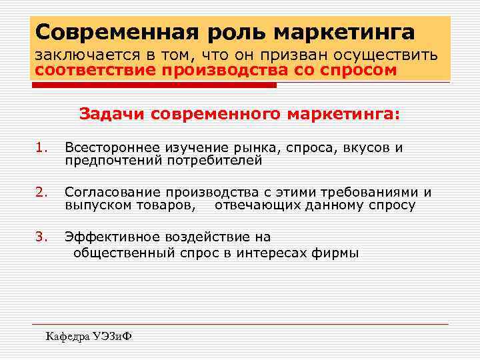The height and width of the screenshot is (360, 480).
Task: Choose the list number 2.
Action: pos(42,193)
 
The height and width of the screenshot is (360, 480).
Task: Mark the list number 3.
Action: pos(42,237)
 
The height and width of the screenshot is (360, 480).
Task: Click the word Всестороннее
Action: pos(113,148)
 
